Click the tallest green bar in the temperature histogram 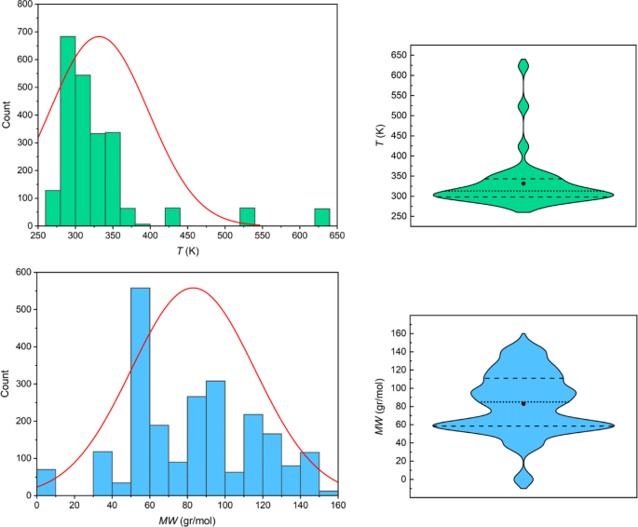coord(67,130)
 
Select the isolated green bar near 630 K coord(322,217)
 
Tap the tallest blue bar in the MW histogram coord(140,391)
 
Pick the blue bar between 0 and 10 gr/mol coord(46,482)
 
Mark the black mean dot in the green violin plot coord(523,183)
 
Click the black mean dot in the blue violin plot coord(523,403)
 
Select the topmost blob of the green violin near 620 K coord(523,67)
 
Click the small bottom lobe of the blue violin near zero coord(523,478)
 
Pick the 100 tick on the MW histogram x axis coord(224,507)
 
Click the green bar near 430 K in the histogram coord(172,217)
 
